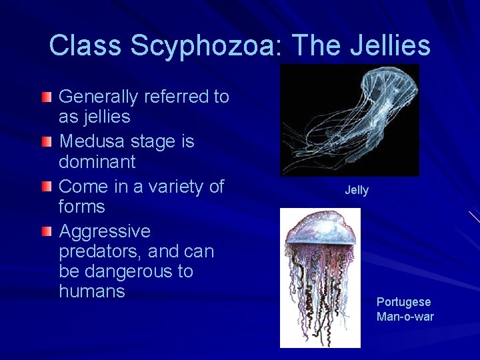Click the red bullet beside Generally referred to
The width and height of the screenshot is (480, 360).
(x=45, y=98)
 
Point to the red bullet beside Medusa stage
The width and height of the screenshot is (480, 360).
(x=45, y=143)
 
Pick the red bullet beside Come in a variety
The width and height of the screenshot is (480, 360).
(x=45, y=187)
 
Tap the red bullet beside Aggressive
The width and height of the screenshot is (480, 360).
(x=45, y=232)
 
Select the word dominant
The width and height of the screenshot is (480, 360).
(x=97, y=162)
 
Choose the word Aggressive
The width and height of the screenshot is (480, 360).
(x=105, y=232)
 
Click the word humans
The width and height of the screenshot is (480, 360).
(x=92, y=291)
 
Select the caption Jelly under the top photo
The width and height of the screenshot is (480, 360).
(x=357, y=191)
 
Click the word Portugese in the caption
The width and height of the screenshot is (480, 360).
(x=403, y=302)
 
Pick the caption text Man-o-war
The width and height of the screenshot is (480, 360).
(x=405, y=317)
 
